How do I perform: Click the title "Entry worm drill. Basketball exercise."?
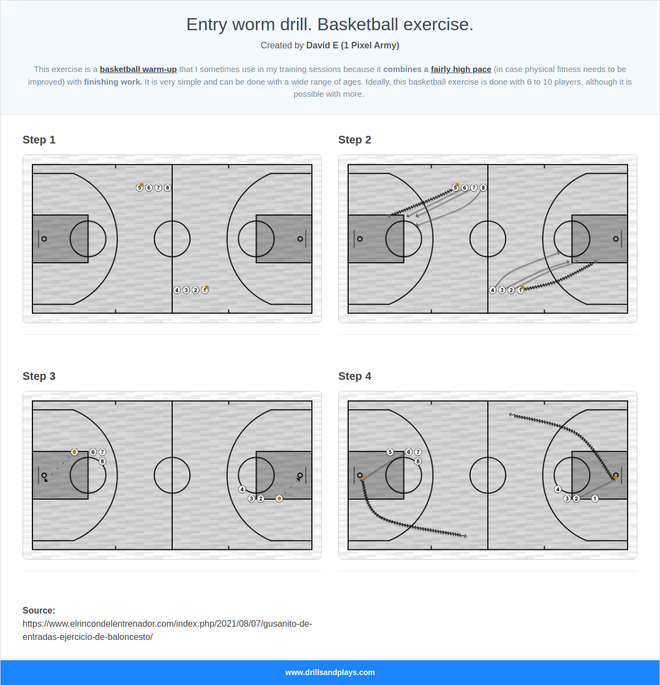click(x=329, y=25)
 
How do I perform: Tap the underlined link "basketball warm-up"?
click(x=138, y=69)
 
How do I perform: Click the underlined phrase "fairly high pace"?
click(x=461, y=69)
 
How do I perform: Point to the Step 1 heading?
click(x=39, y=140)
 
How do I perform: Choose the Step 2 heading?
click(x=355, y=140)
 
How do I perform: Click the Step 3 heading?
click(x=39, y=376)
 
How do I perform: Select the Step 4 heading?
click(x=355, y=376)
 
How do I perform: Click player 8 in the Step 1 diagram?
click(x=168, y=188)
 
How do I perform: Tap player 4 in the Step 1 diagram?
click(x=177, y=290)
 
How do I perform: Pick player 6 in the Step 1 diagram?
click(x=149, y=188)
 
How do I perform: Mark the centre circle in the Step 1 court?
click(x=172, y=239)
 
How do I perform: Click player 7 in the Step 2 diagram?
click(x=474, y=188)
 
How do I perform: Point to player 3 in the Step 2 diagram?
click(x=502, y=290)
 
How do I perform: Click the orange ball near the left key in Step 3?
click(x=74, y=452)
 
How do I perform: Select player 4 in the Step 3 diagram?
click(x=242, y=489)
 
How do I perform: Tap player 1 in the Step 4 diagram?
click(x=595, y=499)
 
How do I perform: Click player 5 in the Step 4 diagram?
click(x=390, y=452)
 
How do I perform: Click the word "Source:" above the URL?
click(x=39, y=610)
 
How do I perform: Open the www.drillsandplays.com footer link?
click(x=330, y=672)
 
